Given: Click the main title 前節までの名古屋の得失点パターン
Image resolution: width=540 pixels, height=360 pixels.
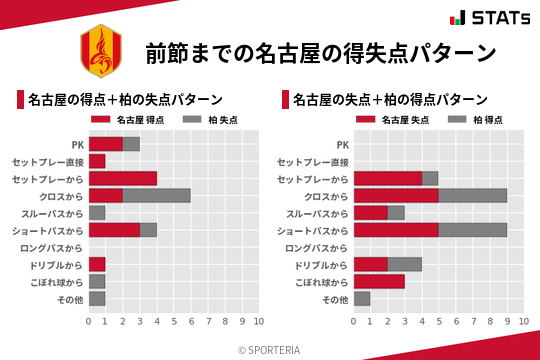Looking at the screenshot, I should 320,53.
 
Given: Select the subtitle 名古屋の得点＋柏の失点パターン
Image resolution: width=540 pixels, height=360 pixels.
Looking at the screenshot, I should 125,100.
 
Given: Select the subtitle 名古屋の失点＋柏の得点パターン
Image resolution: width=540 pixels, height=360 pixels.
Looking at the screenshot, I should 390,100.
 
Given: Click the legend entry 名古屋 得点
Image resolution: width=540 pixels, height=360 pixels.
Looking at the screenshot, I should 131,119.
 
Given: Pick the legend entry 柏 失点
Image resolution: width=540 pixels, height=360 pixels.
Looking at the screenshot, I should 207,119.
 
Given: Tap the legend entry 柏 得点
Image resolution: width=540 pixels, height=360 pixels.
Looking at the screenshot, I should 472,119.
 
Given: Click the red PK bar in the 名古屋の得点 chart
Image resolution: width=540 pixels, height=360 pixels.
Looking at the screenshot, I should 105,144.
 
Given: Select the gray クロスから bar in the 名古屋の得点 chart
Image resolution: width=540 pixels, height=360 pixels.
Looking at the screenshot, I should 156,195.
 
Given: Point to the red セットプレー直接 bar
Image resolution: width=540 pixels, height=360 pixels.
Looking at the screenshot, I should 97,161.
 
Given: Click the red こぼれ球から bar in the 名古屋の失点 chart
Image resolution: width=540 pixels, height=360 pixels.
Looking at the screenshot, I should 379,281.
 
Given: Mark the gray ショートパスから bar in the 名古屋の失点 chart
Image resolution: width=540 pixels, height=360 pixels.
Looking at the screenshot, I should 473,230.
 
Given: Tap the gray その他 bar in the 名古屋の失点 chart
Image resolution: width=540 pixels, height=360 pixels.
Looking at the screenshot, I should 362,298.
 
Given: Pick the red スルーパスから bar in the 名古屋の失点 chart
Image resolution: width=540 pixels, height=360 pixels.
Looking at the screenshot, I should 370,213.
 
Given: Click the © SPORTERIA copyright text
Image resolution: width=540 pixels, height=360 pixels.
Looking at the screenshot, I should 269,348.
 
